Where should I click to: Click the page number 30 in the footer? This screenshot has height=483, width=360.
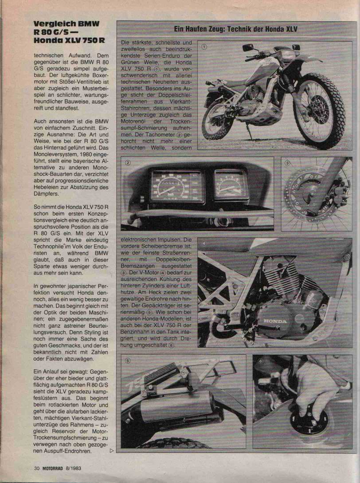click(x=36, y=467)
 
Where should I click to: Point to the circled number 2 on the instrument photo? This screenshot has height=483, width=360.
click(x=128, y=162)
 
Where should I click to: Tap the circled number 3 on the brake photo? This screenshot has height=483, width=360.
click(x=287, y=163)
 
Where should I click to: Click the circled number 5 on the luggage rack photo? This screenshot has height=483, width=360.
click(x=128, y=361)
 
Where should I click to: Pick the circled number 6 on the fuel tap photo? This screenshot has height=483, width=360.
click(x=260, y=361)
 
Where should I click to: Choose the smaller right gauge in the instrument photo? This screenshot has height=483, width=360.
click(x=231, y=184)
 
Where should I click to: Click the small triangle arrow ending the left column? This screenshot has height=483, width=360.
click(x=111, y=451)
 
